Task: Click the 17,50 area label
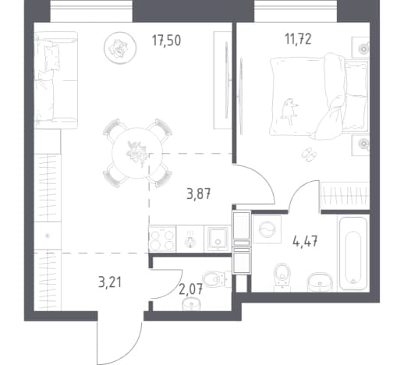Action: point(166,41)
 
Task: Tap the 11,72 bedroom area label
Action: point(298,39)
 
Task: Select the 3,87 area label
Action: point(199,193)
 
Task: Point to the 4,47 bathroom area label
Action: point(305,242)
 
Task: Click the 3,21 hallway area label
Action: point(110,282)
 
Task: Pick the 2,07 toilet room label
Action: point(190,289)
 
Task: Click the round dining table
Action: point(137,153)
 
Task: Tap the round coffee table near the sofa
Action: point(120,48)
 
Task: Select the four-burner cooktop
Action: point(162,239)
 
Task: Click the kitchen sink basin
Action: point(218,239)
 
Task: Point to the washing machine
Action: point(267,229)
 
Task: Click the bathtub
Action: point(353,254)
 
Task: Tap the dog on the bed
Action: point(289,111)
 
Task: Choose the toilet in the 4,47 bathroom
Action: point(282,276)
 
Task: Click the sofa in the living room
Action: point(56,80)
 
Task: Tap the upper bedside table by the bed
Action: point(360,48)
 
